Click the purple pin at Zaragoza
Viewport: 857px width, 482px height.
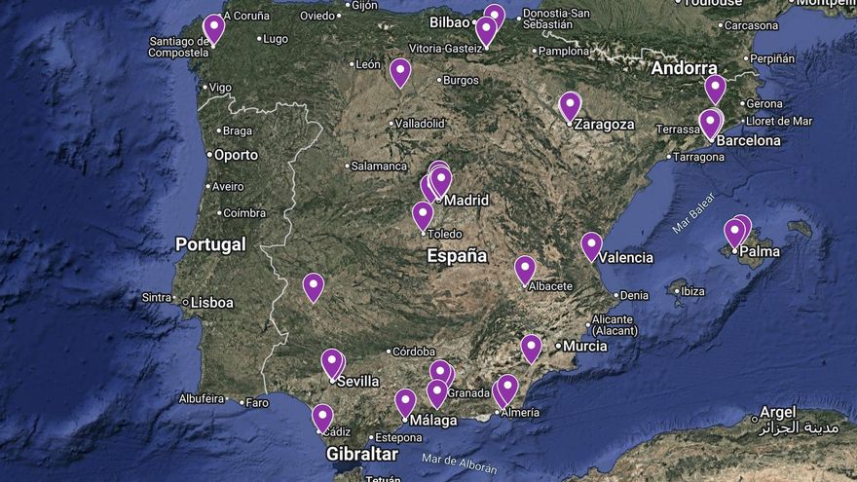tap(570, 105)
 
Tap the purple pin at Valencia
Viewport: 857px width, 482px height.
tap(591, 244)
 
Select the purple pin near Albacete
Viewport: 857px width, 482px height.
tap(525, 268)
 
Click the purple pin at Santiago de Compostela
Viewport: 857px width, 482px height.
tap(213, 27)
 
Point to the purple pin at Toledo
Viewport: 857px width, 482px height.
tap(423, 213)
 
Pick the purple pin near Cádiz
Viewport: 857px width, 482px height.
tap(322, 417)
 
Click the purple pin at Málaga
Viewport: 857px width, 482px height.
tap(405, 401)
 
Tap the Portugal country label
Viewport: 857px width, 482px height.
tap(209, 244)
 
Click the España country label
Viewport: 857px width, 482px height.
tap(457, 256)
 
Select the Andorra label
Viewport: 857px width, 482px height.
tap(684, 68)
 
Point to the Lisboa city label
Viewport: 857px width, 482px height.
tap(211, 303)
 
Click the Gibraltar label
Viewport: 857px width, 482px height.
tap(362, 454)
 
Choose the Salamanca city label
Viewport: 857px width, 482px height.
tap(379, 167)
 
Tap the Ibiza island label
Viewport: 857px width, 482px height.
tap(691, 291)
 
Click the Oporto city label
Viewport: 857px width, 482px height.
tap(236, 155)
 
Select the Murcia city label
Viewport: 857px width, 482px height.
tap(584, 346)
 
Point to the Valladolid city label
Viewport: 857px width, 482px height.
tap(421, 124)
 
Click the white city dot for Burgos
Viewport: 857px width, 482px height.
tap(439, 80)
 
